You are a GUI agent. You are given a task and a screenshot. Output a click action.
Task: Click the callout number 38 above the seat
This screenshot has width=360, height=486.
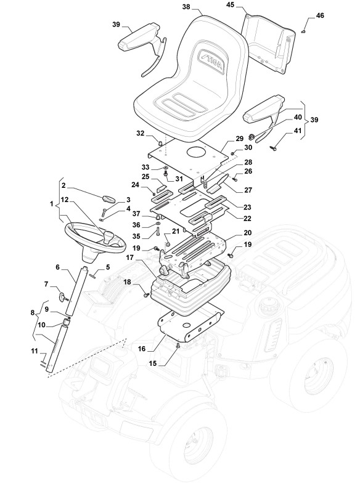tap(186, 7)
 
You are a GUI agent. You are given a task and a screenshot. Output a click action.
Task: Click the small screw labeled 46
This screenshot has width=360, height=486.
tap(304, 31)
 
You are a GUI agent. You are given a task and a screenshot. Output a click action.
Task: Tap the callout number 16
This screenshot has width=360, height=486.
tap(141, 349)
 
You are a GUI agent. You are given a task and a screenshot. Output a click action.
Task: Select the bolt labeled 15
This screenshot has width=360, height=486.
tap(178, 346)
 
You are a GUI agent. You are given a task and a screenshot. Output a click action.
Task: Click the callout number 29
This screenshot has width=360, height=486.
tap(240, 139)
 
